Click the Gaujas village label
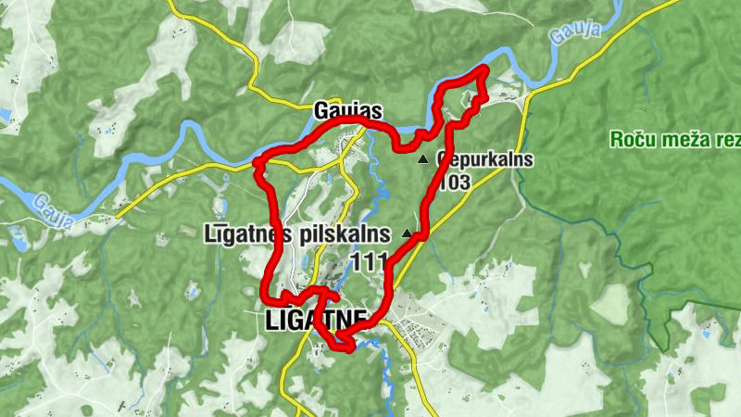348,107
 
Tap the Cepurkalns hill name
484,159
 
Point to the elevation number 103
457,182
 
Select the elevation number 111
369,263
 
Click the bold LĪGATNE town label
315,321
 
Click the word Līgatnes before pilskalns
242,234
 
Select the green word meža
683,140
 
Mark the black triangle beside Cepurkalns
423,159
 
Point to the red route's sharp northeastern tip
484,70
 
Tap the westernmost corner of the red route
256,165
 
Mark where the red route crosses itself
320,301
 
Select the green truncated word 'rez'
728,140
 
